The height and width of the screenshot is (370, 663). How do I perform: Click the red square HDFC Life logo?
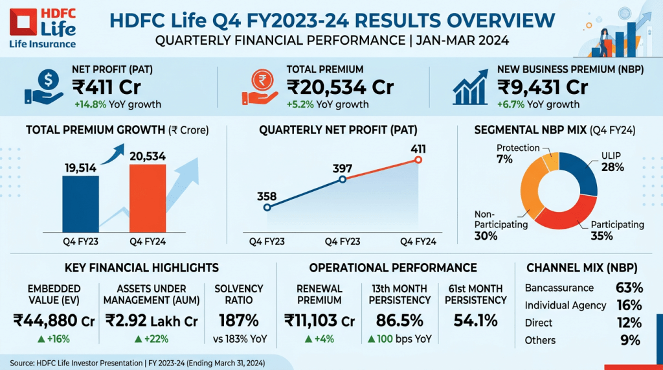[x=22, y=23]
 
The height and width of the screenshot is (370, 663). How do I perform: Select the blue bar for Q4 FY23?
[x=80, y=203]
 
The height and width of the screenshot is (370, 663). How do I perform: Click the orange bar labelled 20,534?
[x=148, y=198]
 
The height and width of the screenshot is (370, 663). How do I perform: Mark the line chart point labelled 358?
[x=267, y=207]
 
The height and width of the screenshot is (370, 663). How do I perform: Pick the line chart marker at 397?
[x=343, y=179]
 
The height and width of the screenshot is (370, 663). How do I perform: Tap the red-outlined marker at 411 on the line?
[x=418, y=159]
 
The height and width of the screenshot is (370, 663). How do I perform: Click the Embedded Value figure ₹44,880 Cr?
[x=54, y=320]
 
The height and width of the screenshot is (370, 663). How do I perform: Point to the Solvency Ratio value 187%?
[x=239, y=320]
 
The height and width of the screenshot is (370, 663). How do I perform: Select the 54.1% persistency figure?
[x=477, y=320]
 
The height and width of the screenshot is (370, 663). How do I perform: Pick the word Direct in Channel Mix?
[x=539, y=323]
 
